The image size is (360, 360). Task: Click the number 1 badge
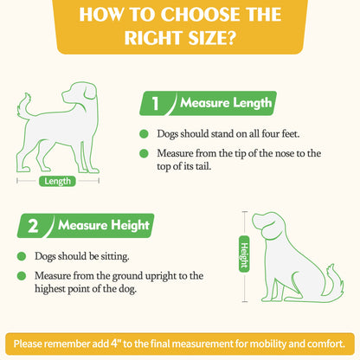pos(156,106)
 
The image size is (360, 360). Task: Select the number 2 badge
pos(33,227)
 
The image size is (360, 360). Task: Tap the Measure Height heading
pos(103,227)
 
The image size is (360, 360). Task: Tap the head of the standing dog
pos(83,93)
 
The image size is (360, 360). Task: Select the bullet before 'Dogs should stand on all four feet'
pos(144,135)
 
